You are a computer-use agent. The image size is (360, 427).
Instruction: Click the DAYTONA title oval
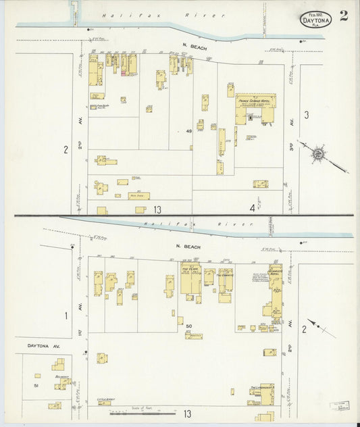[316, 19]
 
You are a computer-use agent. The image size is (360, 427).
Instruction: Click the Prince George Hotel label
[256, 100]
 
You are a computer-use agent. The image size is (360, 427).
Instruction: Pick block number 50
[189, 326]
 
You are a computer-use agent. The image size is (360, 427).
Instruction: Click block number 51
[35, 385]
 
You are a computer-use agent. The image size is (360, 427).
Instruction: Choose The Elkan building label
[190, 269]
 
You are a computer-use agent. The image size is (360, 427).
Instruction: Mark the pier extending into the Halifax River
[74, 12]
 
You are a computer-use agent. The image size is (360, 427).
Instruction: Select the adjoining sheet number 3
[306, 115]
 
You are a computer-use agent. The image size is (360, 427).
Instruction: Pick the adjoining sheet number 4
[252, 208]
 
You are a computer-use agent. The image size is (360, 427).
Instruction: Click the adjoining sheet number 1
[66, 316]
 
